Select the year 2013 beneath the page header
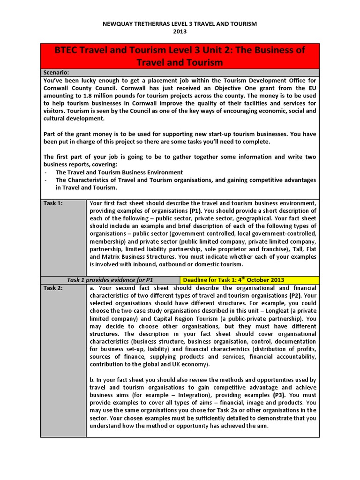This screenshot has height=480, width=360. (180, 31)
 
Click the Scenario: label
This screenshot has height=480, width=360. (56, 72)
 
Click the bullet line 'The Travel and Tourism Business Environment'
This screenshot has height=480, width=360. (119, 172)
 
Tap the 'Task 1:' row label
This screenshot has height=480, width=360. (53, 203)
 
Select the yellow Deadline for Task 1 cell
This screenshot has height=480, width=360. (233, 280)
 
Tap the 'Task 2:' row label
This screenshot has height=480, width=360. (53, 288)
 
